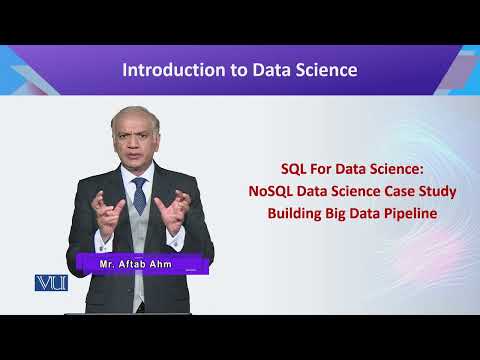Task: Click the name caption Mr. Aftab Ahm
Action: (139, 263)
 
